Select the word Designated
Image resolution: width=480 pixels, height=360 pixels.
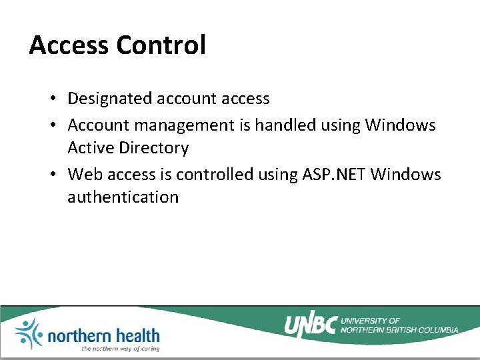tap(110, 99)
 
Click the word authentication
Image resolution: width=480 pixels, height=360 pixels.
tap(123, 197)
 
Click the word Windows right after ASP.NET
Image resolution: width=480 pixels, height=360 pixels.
tap(406, 174)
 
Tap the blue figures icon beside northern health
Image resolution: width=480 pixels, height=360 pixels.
tap(27, 333)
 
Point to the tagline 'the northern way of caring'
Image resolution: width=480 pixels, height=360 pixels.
tap(120, 348)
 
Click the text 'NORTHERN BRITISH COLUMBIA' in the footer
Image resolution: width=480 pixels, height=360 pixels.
tap(399, 330)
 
